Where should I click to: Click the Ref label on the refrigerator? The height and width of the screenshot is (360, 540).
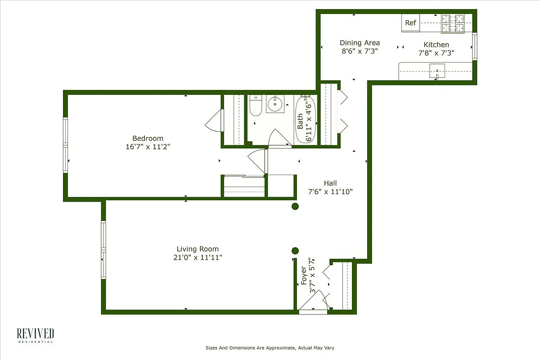point(410,23)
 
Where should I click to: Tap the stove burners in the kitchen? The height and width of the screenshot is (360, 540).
point(452,23)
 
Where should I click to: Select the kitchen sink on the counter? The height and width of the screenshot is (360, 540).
point(437,71)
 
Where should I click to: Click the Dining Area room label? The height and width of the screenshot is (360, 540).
point(360,43)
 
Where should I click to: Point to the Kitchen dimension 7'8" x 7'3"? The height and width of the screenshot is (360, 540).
point(436,53)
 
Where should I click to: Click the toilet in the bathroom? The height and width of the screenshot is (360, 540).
point(255,106)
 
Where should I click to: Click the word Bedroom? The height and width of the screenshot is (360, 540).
point(148,138)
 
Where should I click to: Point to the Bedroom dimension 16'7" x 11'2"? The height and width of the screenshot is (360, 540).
point(148,146)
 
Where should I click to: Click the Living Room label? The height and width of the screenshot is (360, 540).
point(198,249)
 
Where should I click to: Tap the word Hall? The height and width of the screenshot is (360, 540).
point(330,183)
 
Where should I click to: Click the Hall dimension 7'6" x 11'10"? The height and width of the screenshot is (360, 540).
point(330,191)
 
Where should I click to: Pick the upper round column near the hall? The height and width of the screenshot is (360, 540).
point(295,207)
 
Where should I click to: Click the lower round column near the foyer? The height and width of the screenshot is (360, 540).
point(295,251)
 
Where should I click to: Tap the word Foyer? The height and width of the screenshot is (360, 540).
point(304,276)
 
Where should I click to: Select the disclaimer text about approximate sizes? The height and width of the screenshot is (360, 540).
point(270,348)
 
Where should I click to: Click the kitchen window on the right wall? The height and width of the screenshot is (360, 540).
point(474,46)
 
